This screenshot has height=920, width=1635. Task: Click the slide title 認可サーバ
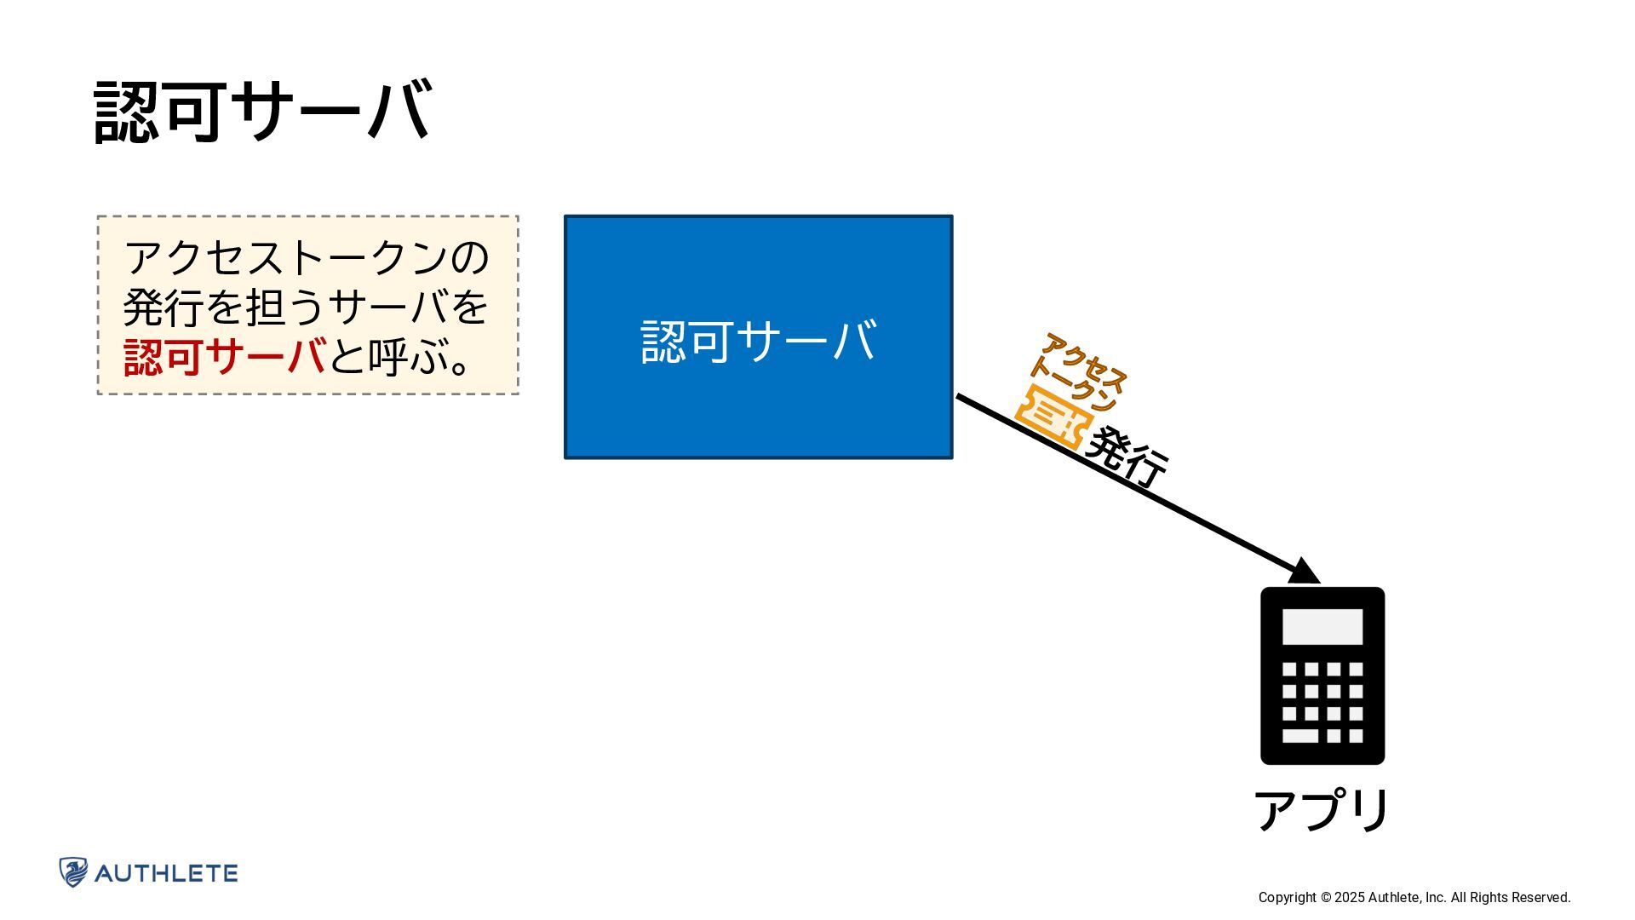[x=262, y=111]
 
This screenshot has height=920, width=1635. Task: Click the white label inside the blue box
[x=758, y=341]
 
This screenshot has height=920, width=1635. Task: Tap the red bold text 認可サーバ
[x=225, y=356]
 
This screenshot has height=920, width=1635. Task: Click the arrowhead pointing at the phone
[x=1305, y=571]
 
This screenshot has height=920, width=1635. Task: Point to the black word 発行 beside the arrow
[x=1127, y=458]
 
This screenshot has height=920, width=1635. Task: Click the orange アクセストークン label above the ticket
[x=1078, y=371]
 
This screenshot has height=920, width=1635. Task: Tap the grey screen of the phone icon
[x=1322, y=627]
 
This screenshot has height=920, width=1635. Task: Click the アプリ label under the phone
[x=1322, y=810]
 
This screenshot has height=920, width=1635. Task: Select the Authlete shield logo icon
[x=73, y=872]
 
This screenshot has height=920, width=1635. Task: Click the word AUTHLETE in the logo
[x=167, y=873]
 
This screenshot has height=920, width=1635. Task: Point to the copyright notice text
[x=1414, y=897]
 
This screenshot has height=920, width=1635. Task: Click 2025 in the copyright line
[x=1349, y=897]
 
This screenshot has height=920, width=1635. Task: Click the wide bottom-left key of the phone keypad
[x=1300, y=736]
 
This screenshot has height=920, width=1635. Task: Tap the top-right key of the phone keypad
[x=1356, y=670]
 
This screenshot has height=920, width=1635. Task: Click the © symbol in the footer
[x=1326, y=897]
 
